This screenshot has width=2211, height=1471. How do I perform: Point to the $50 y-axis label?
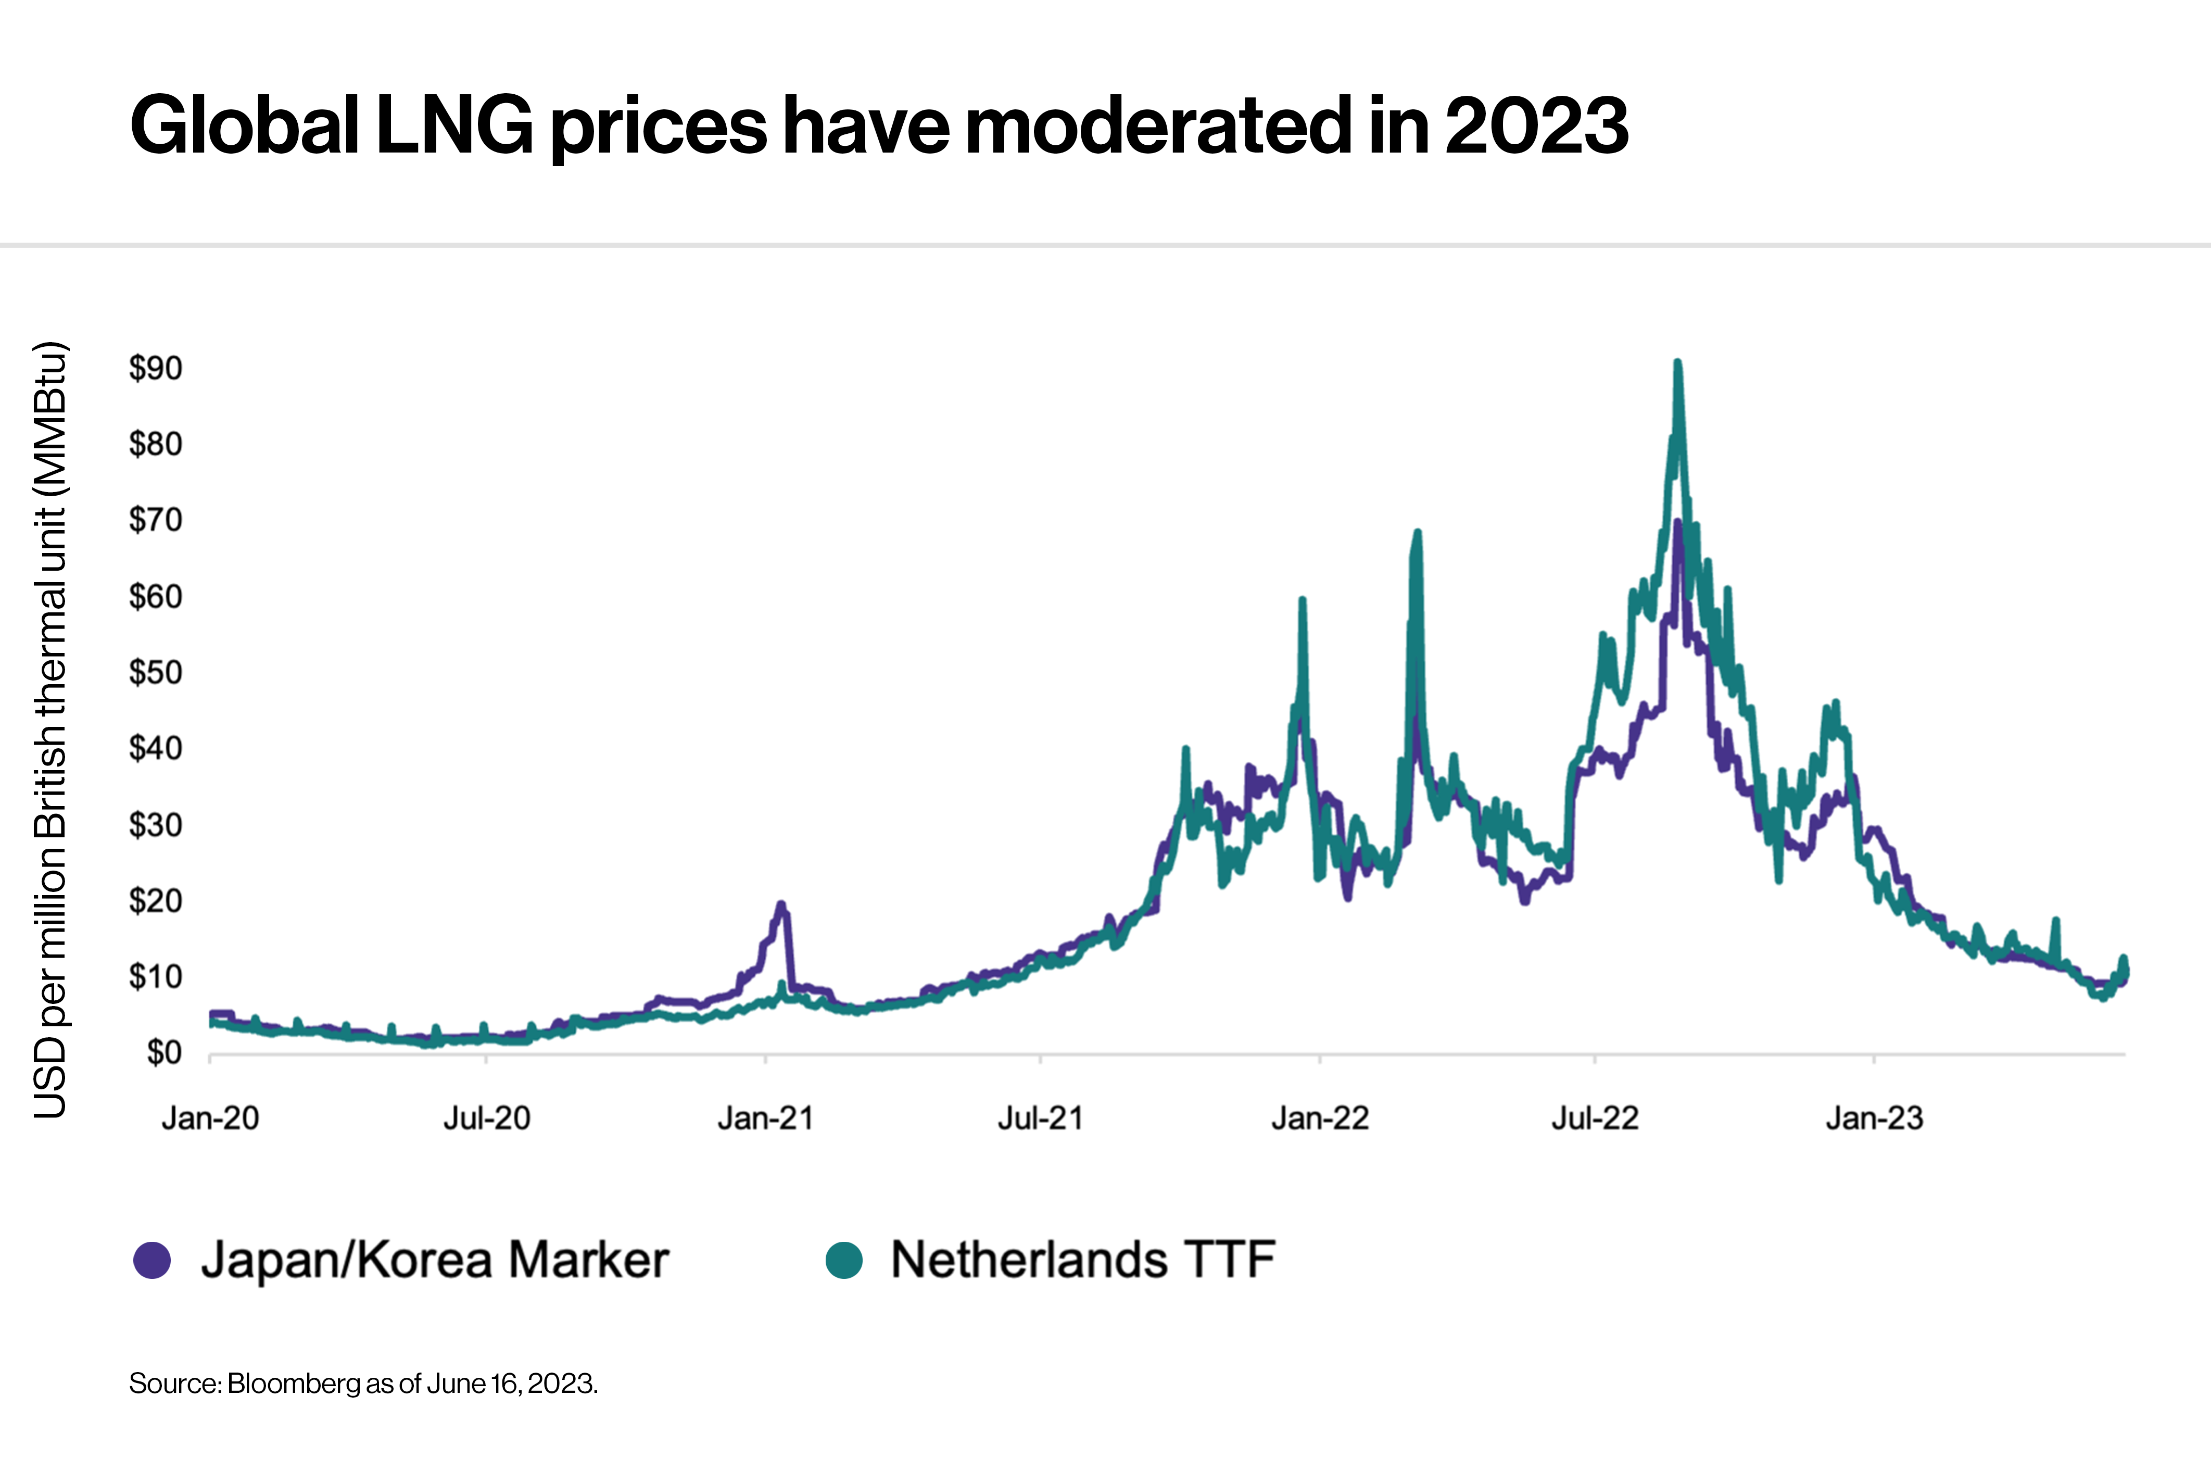pos(156,673)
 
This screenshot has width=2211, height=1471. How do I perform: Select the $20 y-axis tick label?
pos(156,901)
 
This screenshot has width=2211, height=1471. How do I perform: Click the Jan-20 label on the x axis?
pos(210,1118)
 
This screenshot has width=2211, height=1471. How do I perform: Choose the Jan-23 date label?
pos(1874,1118)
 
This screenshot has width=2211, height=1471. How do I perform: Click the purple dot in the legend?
pos(152,1260)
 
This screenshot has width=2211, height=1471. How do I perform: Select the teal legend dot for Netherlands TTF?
pos(844,1260)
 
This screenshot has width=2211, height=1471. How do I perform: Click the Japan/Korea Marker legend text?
pos(434,1260)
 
